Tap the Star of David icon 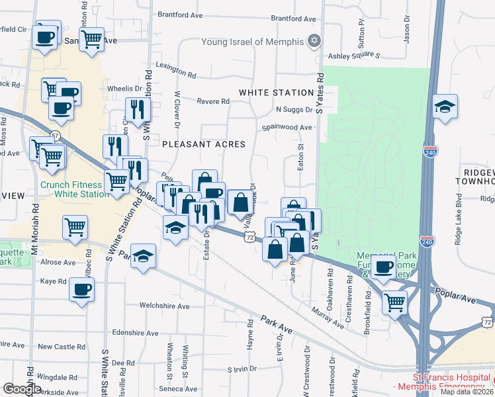(314, 42)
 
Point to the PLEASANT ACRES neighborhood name (204, 144)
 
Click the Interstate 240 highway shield (431, 151)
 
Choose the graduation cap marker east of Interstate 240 (445, 107)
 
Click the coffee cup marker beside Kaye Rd (81, 289)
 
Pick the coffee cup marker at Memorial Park (382, 266)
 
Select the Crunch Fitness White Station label (74, 189)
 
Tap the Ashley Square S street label (356, 57)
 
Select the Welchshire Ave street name (164, 306)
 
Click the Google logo (22, 389)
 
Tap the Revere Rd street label (213, 101)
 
